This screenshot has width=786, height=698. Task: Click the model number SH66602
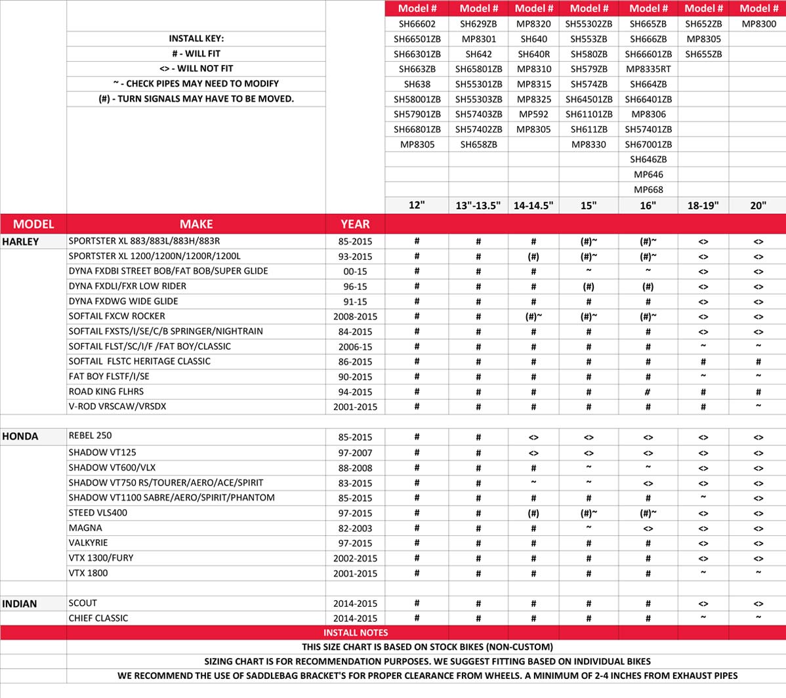pyautogui.click(x=417, y=24)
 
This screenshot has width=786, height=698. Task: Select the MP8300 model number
pyautogui.click(x=758, y=24)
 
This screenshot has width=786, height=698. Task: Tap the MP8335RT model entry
pyautogui.click(x=648, y=69)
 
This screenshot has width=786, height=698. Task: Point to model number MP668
pyautogui.click(x=648, y=190)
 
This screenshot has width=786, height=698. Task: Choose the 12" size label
pyautogui.click(x=417, y=205)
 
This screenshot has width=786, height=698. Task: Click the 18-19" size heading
pyautogui.click(x=703, y=205)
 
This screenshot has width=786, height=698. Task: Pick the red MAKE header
pyautogui.click(x=196, y=224)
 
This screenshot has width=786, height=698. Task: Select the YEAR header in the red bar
pyautogui.click(x=355, y=224)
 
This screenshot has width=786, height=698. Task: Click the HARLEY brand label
pyautogui.click(x=20, y=241)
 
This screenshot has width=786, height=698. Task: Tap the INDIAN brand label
pyautogui.click(x=20, y=604)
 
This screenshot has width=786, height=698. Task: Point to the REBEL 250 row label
pyautogui.click(x=91, y=436)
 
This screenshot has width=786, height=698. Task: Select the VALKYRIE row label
pyautogui.click(x=88, y=543)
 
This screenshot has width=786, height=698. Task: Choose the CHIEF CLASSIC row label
pyautogui.click(x=98, y=618)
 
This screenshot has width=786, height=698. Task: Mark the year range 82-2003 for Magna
pyautogui.click(x=355, y=528)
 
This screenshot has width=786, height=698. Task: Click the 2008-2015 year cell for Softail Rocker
pyautogui.click(x=355, y=316)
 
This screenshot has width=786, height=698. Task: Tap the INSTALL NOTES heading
pyautogui.click(x=355, y=632)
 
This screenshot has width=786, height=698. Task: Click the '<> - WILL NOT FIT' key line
pyautogui.click(x=196, y=68)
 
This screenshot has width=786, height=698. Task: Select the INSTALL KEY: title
pyautogui.click(x=196, y=39)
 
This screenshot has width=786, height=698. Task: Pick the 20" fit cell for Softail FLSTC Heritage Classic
pyautogui.click(x=758, y=361)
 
